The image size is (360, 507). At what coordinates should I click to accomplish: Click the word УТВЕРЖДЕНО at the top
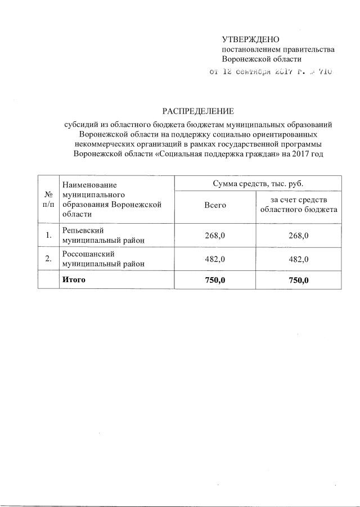pos(250,40)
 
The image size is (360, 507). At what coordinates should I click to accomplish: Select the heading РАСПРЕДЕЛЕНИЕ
pos(198,110)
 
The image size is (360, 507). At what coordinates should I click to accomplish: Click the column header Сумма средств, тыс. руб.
pos(258,183)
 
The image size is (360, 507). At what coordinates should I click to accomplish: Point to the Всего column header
pos(215,205)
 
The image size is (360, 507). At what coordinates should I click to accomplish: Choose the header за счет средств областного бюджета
pos(298,205)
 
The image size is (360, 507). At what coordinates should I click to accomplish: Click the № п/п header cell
pos(48,198)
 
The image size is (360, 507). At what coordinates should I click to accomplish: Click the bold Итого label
pos(74,279)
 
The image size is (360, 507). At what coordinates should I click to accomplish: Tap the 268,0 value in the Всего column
pos(215,235)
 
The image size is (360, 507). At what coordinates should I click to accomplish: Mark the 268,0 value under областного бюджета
pos(298,235)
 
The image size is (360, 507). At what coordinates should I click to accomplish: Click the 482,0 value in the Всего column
pos(215,259)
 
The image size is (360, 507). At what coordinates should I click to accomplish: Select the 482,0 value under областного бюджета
pos(298,259)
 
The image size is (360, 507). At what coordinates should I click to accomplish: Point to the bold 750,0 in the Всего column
pos(215,280)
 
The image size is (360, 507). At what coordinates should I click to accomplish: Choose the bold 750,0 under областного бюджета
pos(298,280)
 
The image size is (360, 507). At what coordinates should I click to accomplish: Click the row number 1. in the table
pos(48,235)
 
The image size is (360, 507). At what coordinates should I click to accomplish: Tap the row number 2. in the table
pos(48,259)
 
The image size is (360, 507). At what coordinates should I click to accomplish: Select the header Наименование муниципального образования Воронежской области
pos(112,199)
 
